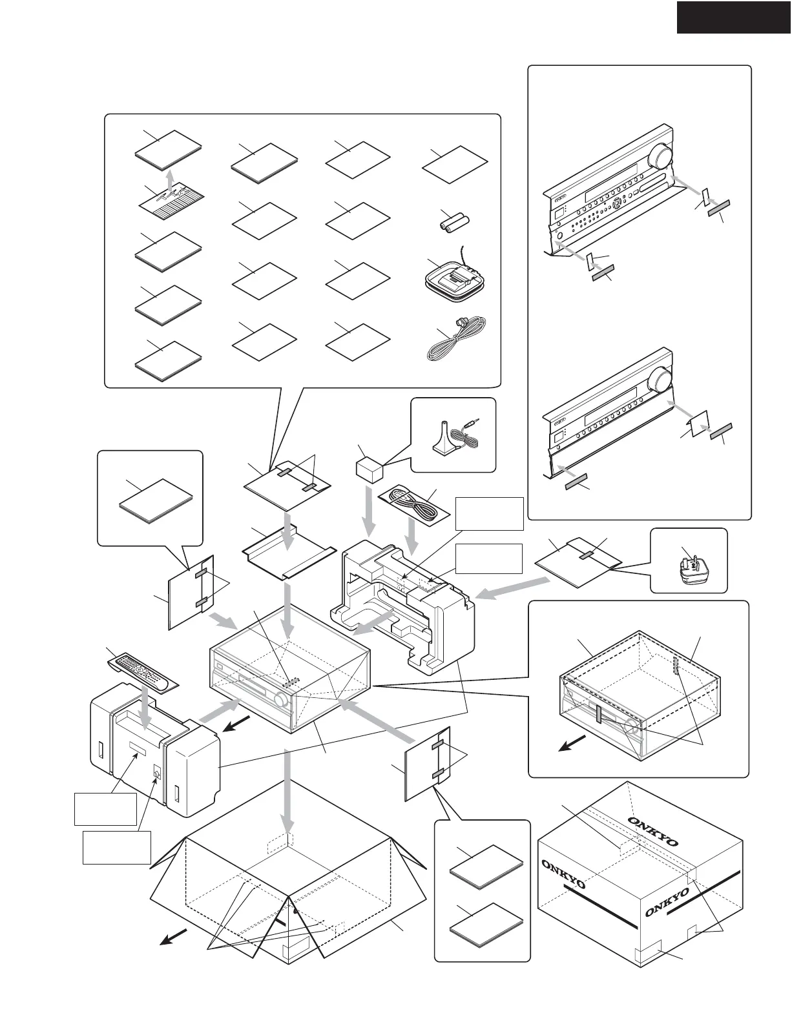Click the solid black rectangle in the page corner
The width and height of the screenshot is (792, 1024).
point(734,17)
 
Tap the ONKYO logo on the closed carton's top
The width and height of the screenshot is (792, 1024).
point(653,831)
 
